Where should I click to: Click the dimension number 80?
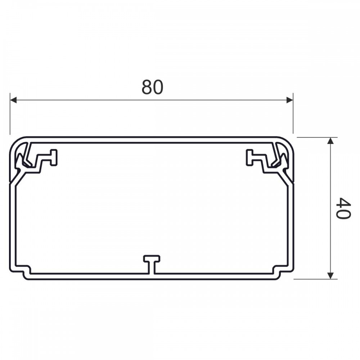(152, 87)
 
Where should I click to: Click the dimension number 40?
(343, 208)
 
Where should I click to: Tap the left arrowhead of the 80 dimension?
(14, 100)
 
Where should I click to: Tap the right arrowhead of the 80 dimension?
(289, 100)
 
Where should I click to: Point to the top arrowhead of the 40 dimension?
(330, 141)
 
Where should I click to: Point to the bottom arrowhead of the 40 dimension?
(330, 275)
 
